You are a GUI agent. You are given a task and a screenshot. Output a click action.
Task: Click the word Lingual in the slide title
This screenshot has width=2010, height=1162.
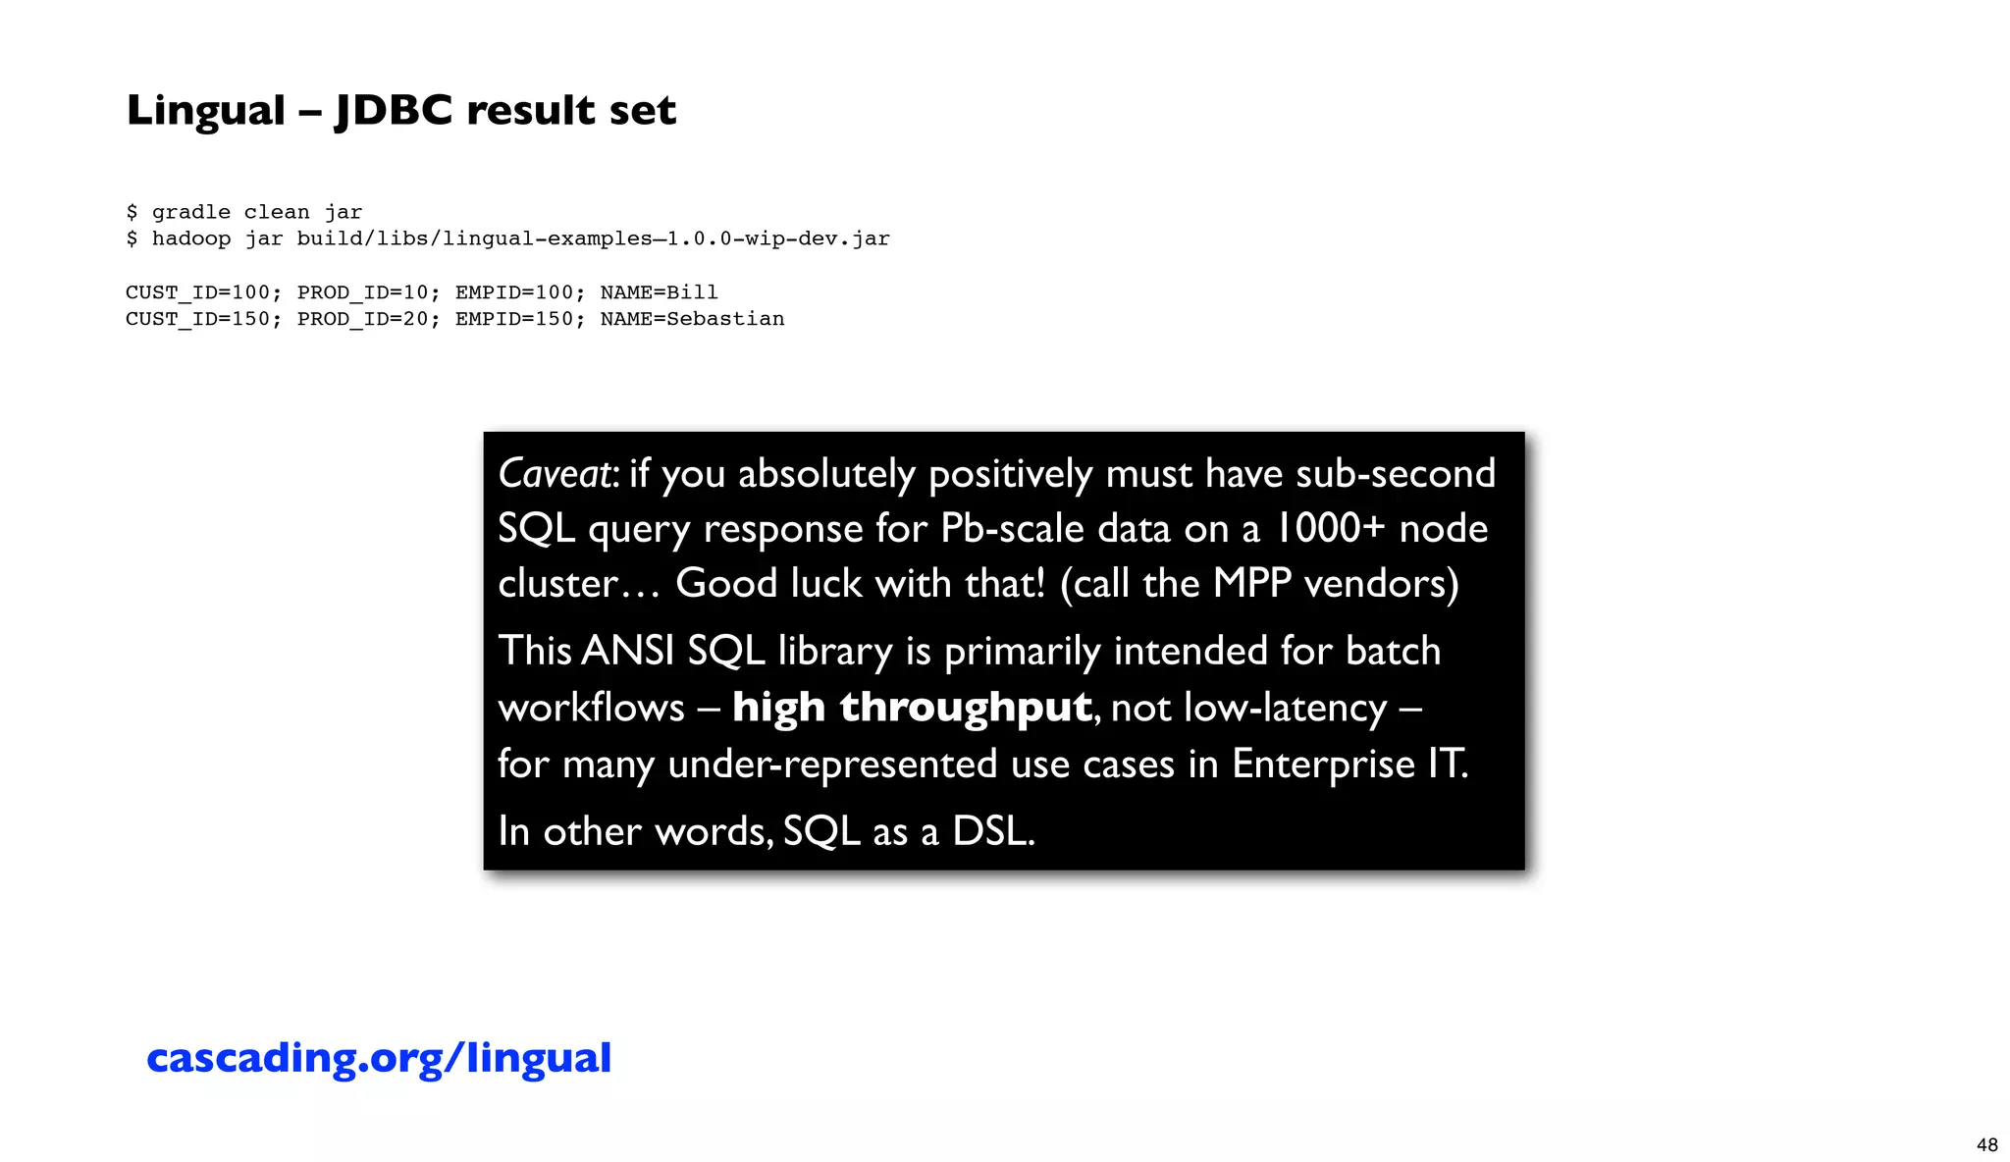(x=205, y=110)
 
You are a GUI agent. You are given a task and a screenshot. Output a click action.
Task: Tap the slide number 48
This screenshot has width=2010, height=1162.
(x=1986, y=1145)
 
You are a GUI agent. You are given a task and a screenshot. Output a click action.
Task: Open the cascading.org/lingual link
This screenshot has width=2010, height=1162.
(x=379, y=1058)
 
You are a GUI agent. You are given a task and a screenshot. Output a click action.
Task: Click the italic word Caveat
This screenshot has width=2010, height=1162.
(x=555, y=474)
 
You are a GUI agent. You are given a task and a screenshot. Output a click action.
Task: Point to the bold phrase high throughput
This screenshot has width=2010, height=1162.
(x=912, y=707)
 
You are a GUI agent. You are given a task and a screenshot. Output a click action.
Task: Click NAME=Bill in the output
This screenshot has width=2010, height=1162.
(x=659, y=292)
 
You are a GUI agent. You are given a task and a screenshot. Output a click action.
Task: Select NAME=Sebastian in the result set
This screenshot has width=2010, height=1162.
(x=692, y=319)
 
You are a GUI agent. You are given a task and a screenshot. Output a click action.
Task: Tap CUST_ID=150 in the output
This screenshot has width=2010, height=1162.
(x=197, y=319)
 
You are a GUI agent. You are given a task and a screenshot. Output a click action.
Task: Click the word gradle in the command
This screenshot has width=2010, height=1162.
(x=191, y=212)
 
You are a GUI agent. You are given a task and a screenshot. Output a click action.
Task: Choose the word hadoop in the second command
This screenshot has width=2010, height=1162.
(x=191, y=238)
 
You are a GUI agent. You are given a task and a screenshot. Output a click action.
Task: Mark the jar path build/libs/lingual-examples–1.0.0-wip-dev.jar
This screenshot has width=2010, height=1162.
(x=593, y=238)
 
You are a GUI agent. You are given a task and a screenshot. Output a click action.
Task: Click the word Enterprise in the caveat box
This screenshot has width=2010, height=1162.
(x=1323, y=764)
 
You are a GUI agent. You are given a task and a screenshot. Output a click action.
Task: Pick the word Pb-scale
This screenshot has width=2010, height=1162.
(x=1012, y=529)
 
